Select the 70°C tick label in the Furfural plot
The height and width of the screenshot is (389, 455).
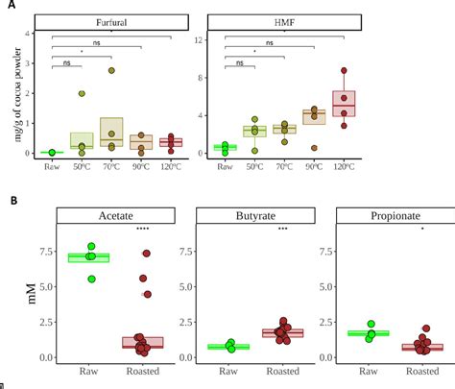(x=112, y=166)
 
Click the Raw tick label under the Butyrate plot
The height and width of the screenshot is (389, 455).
(x=228, y=371)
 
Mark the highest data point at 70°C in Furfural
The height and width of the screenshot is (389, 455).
(x=112, y=70)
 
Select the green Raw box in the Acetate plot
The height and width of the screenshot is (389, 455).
(x=89, y=257)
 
